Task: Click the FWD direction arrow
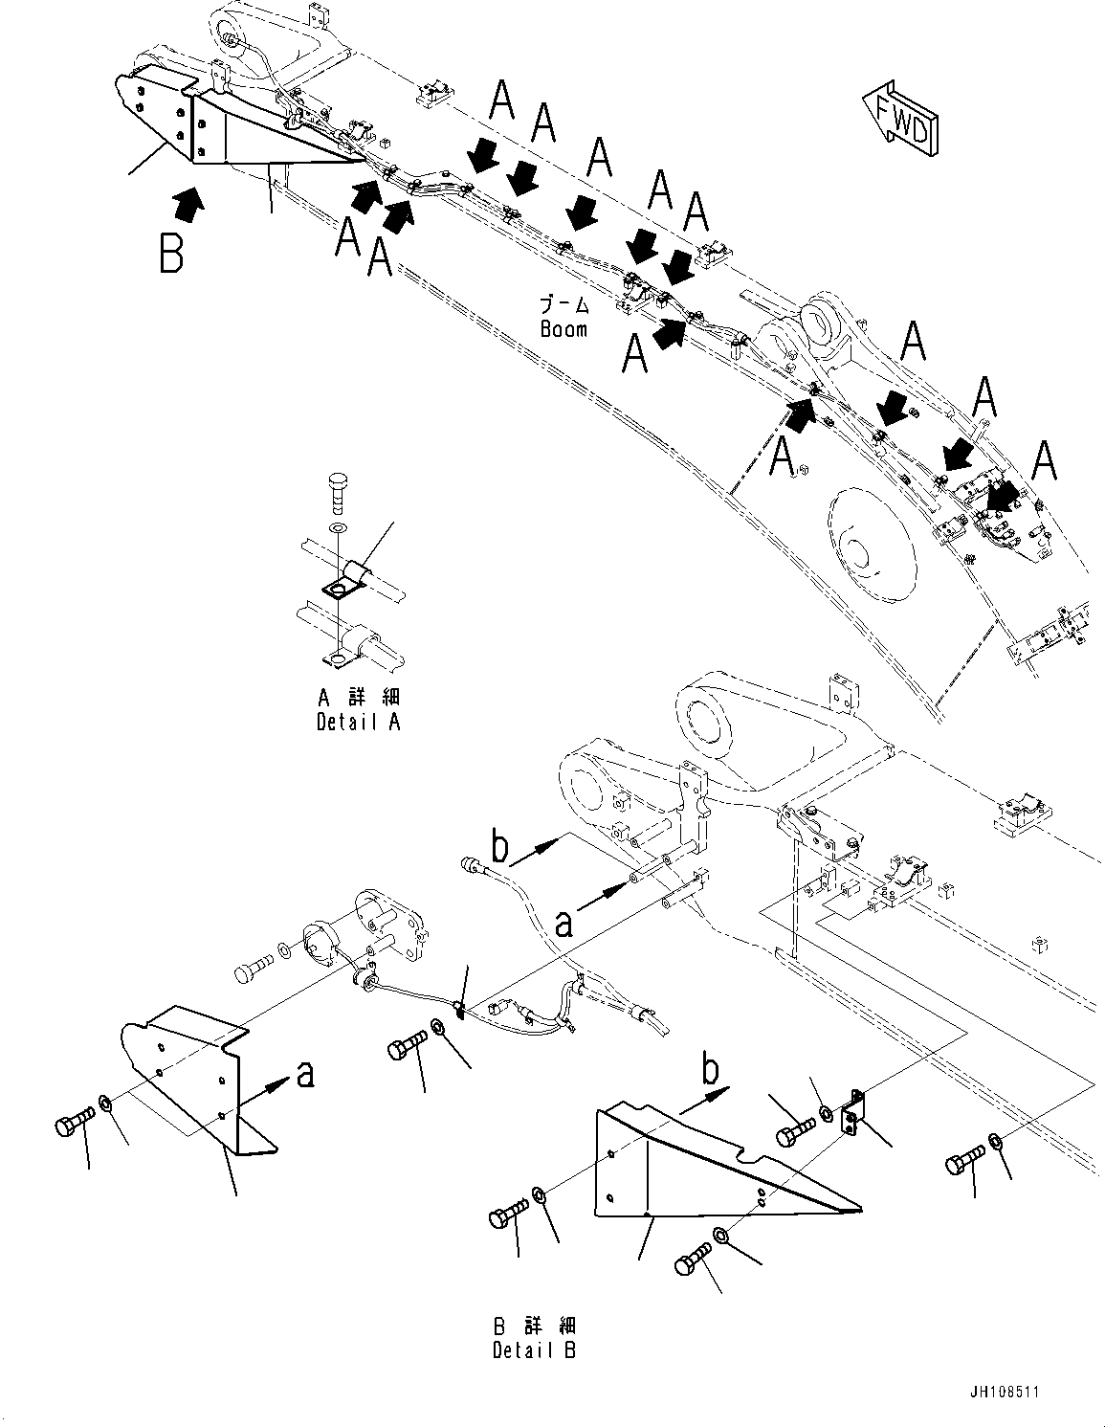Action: click(900, 119)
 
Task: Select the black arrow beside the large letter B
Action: click(189, 202)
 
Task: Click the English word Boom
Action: click(564, 328)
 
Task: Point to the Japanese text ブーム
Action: click(564, 306)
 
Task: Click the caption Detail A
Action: click(358, 722)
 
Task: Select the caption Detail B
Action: click(535, 1350)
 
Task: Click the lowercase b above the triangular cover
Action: click(711, 1070)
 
